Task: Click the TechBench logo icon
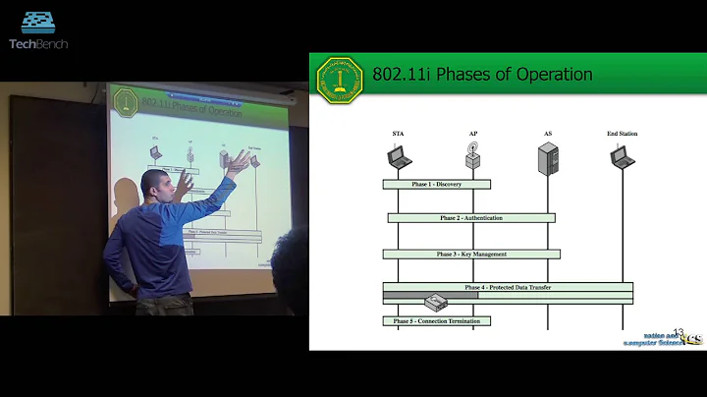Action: pos(37,23)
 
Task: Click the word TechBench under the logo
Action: pos(38,43)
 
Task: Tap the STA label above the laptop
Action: pos(398,133)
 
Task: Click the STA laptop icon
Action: pos(399,157)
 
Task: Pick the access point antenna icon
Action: pos(472,157)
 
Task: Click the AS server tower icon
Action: pos(547,158)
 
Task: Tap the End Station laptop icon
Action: pos(622,157)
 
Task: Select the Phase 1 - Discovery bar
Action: pos(437,184)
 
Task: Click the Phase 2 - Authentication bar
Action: pos(471,218)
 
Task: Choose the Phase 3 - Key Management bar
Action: pos(471,254)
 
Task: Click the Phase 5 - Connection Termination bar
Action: pos(437,320)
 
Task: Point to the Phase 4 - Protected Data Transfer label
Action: pos(509,287)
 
